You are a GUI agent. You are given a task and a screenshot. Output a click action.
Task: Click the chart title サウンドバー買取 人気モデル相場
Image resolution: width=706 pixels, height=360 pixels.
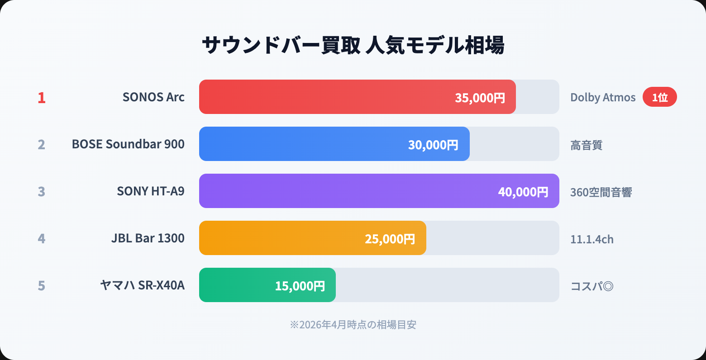pos(353,46)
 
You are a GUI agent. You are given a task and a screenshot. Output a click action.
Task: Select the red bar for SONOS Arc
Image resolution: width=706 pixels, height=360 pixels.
pos(326,97)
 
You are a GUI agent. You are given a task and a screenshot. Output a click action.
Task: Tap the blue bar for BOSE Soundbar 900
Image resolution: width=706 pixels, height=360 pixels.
pos(303,144)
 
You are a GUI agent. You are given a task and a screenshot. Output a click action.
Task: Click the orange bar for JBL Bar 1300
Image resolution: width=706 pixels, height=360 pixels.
pos(281,238)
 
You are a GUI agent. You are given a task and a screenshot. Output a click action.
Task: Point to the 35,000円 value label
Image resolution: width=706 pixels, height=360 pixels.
pos(480,98)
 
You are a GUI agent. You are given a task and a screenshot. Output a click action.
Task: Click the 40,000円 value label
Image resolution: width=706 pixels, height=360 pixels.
pos(523,192)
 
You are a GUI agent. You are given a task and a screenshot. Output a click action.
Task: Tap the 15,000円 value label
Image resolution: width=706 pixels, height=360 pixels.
pos(300,286)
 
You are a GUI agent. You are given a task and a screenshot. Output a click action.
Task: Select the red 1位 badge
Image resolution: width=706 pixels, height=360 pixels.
pos(659,97)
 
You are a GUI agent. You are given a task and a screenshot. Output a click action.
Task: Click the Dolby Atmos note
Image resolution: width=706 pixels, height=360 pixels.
pos(603,98)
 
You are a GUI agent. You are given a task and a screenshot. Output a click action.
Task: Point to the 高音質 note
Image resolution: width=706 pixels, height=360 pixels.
pos(587,145)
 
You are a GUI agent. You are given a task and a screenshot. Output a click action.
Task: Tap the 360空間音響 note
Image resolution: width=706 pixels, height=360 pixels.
pos(601,192)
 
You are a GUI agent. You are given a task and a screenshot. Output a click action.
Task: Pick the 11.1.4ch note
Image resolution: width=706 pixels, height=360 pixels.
pos(592,239)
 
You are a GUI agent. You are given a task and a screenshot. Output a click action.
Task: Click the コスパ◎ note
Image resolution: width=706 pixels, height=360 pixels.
pos(592,286)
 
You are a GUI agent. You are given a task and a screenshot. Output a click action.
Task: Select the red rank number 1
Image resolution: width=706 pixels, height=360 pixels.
pos(42,98)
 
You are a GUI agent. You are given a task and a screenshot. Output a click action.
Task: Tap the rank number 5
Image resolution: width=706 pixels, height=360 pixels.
pos(42,286)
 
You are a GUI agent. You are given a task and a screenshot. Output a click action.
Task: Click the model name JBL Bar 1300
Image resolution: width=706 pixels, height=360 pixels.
pos(148,238)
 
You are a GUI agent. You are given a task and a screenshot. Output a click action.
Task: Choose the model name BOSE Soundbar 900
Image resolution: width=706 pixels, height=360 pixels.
pos(128,144)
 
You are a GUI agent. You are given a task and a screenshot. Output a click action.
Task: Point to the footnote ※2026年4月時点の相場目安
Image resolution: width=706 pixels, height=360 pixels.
pos(353,325)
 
